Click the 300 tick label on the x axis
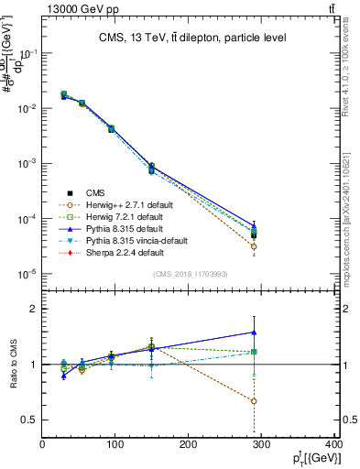(261, 446)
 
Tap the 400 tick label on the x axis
(333, 446)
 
